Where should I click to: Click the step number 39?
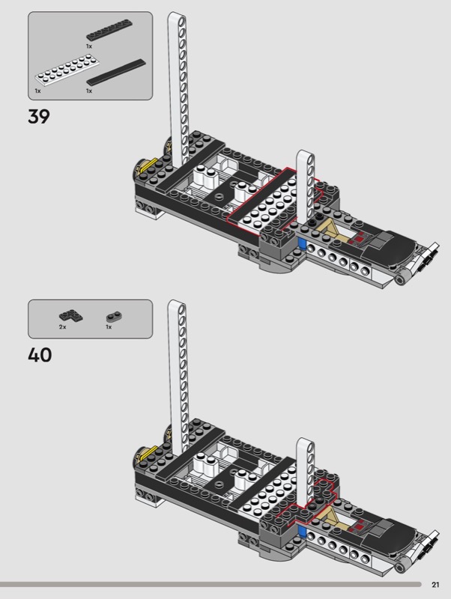point(39,116)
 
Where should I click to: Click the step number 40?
point(40,355)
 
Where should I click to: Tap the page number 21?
point(435,585)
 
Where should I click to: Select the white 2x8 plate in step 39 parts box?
point(67,70)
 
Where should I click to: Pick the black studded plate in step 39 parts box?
point(109,30)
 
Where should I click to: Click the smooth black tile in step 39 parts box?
point(116,72)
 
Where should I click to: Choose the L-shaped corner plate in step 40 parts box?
point(71,315)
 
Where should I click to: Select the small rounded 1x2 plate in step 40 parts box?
point(114,317)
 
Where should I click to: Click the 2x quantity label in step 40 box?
point(63,327)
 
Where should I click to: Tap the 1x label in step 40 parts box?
point(109,327)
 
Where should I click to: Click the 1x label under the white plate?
point(38,91)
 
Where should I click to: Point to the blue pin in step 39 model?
point(302,244)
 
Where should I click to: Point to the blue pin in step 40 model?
point(302,531)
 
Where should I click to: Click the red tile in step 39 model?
point(359,239)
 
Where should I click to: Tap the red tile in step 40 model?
point(359,527)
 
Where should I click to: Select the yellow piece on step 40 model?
point(147,452)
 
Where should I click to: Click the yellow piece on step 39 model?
point(147,165)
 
